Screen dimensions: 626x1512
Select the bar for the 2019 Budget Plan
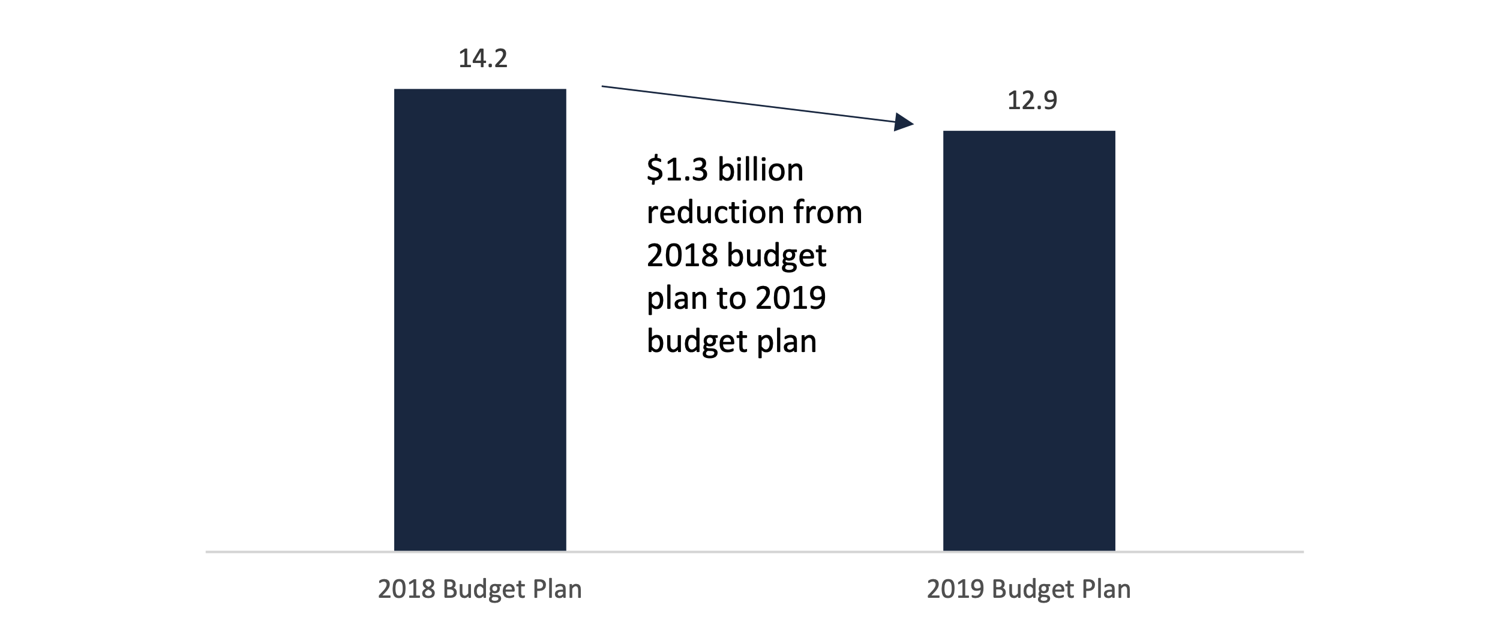(1029, 340)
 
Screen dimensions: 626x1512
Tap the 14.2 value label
(482, 59)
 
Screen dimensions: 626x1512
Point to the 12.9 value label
(1032, 100)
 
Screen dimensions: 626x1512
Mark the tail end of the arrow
(604, 87)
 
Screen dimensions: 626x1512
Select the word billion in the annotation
(760, 170)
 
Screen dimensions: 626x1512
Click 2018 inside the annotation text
(682, 255)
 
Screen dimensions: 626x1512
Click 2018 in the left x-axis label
(406, 589)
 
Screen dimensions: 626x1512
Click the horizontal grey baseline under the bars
(754, 552)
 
